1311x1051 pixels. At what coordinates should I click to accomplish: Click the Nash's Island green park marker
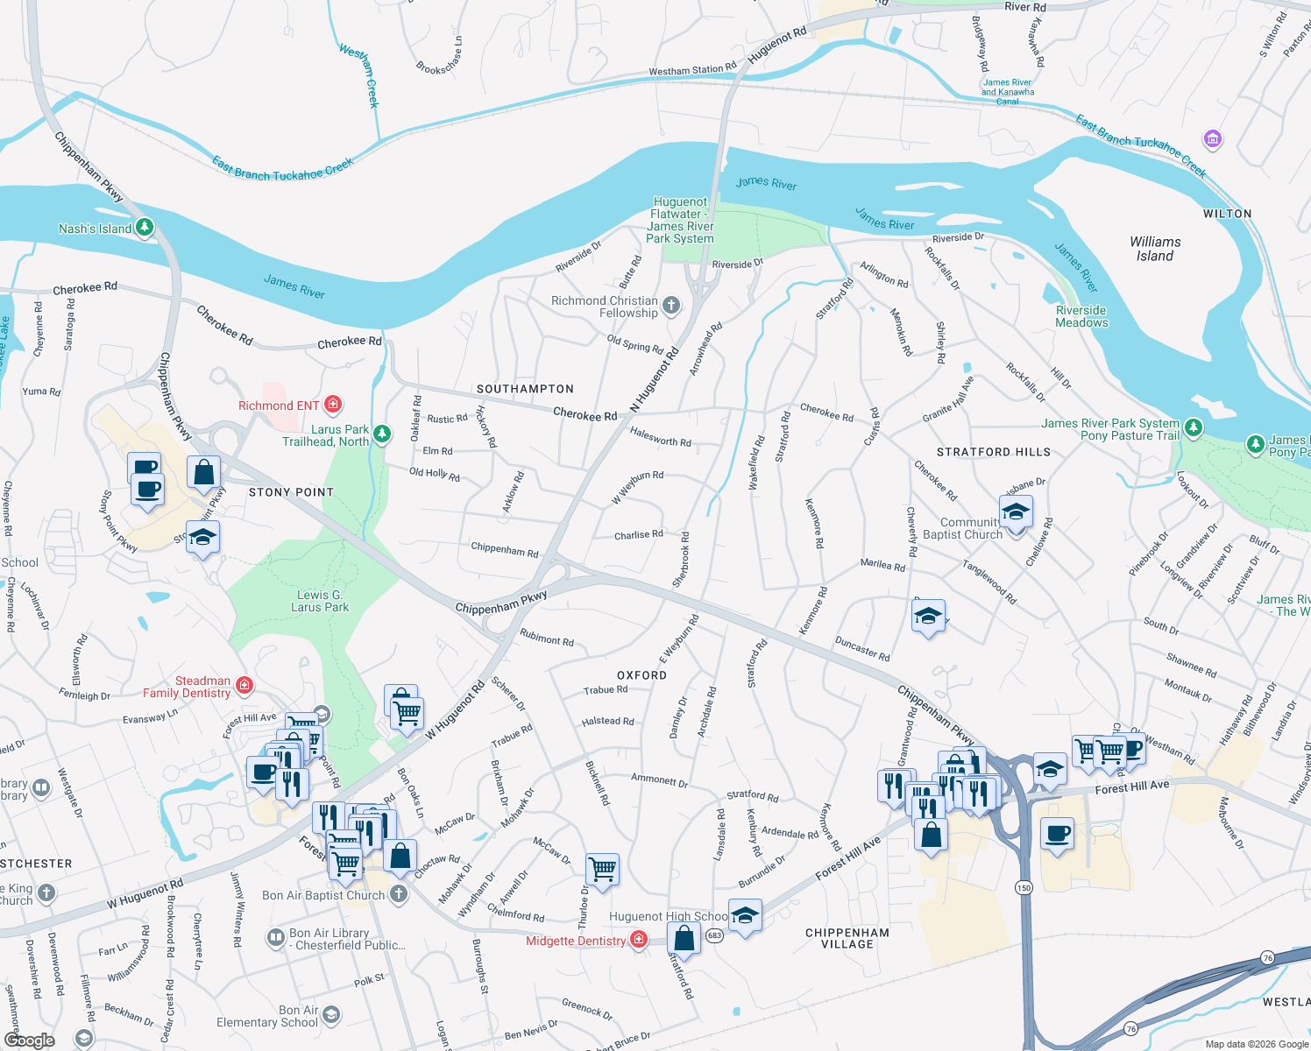click(145, 228)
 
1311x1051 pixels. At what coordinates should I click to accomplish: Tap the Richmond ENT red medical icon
click(332, 404)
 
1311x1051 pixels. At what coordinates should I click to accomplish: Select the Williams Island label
click(1154, 249)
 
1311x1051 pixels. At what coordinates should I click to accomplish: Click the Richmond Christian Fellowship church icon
click(671, 306)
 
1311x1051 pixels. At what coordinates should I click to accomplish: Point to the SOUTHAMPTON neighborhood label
click(525, 389)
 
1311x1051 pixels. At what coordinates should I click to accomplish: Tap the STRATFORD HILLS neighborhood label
click(993, 452)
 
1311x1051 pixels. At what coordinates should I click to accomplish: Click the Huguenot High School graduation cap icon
click(744, 915)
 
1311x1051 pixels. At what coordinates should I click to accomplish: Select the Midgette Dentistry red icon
click(639, 940)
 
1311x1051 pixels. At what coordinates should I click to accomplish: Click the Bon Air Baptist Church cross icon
click(399, 894)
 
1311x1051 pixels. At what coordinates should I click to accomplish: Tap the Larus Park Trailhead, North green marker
click(381, 434)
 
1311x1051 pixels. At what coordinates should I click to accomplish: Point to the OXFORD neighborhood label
click(641, 675)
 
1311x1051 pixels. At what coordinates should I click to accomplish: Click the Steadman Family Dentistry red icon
click(244, 685)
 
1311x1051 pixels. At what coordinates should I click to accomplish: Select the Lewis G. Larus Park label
click(320, 601)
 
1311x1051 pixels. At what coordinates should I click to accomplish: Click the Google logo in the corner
click(29, 1040)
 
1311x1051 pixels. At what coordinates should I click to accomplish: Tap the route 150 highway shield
click(1024, 887)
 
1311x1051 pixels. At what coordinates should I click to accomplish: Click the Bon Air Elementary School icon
click(330, 1015)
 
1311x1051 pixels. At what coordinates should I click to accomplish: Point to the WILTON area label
click(1227, 214)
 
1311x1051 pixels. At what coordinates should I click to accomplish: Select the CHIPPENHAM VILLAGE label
click(847, 938)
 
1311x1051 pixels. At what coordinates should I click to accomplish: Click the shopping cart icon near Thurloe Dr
click(602, 869)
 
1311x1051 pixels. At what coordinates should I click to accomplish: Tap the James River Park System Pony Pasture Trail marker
click(1194, 428)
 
